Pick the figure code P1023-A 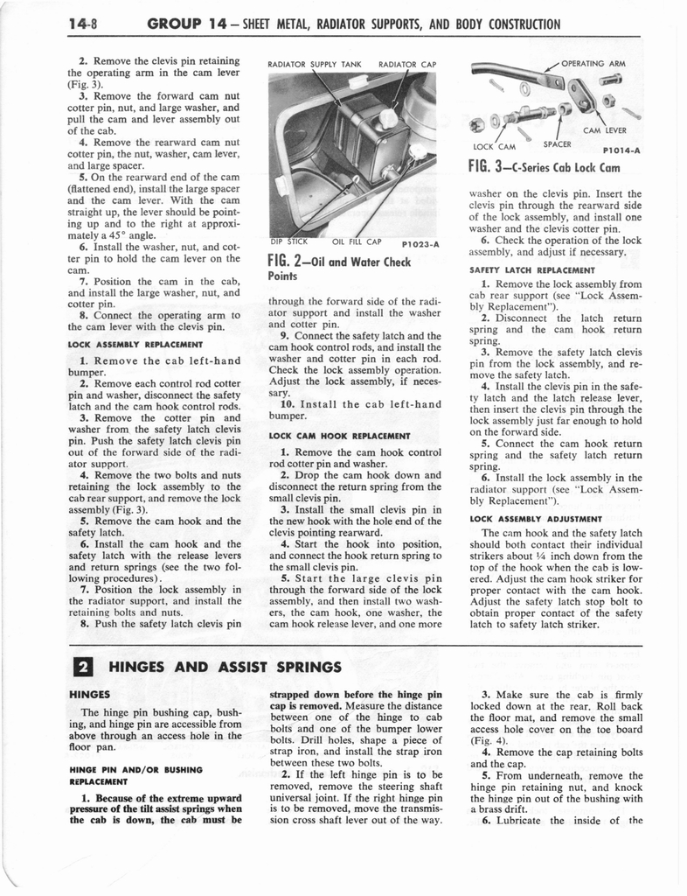(418, 245)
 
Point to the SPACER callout (557, 144)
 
